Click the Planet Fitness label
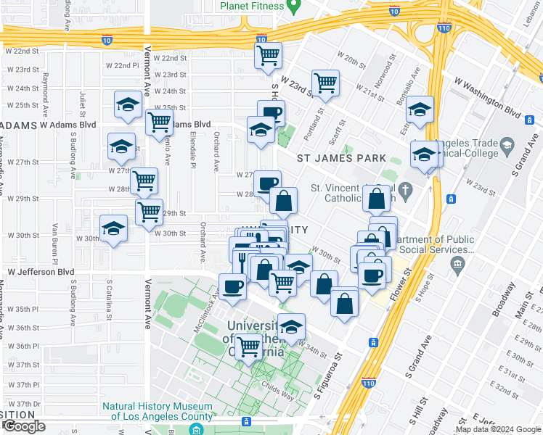click(x=250, y=6)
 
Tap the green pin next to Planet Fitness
click(x=293, y=7)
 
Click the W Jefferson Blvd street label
click(x=41, y=272)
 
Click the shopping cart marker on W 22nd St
click(x=268, y=54)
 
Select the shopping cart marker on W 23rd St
click(x=325, y=83)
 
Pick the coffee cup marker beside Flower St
click(x=373, y=276)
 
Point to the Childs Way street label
click(x=276, y=387)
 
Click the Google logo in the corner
click(x=24, y=426)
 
